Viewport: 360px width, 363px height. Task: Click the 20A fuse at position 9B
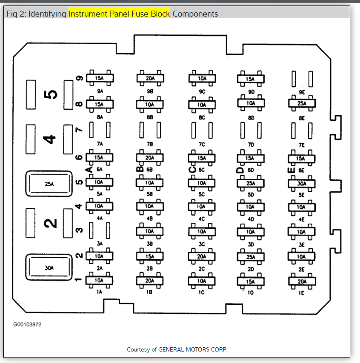(x=150, y=78)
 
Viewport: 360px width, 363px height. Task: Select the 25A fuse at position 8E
(x=302, y=103)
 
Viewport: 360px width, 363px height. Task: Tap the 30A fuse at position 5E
(x=302, y=184)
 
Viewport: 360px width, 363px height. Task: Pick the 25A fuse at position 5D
(x=251, y=184)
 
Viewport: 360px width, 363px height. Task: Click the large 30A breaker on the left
(x=49, y=268)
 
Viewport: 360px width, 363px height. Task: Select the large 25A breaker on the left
(x=49, y=184)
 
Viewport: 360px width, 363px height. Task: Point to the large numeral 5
(x=51, y=94)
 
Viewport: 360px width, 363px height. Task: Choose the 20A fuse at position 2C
(x=201, y=256)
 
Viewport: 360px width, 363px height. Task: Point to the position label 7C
(x=201, y=145)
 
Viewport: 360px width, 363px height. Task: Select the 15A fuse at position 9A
(x=100, y=78)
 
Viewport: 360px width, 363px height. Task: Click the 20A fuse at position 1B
(x=150, y=280)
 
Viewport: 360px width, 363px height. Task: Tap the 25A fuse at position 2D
(x=251, y=257)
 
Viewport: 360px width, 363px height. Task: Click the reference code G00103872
(x=27, y=324)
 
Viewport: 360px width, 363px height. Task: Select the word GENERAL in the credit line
(x=171, y=349)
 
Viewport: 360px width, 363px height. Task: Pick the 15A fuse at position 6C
(x=201, y=158)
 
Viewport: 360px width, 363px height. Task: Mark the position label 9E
(x=302, y=91)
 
